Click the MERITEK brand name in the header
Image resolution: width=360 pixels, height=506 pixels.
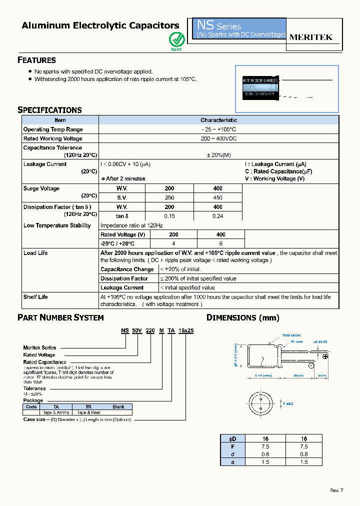pyautogui.click(x=310, y=37)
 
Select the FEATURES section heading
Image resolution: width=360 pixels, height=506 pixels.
pyautogui.click(x=36, y=60)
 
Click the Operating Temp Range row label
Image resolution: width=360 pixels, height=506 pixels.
pyautogui.click(x=53, y=129)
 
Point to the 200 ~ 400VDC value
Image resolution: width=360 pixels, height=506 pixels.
pyautogui.click(x=218, y=138)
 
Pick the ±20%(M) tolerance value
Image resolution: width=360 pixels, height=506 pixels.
pyautogui.click(x=218, y=155)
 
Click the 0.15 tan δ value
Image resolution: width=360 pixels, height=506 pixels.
pyautogui.click(x=169, y=216)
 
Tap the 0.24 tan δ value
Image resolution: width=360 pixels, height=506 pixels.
pyautogui.click(x=217, y=216)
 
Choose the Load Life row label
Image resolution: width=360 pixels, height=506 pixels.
pyautogui.click(x=35, y=253)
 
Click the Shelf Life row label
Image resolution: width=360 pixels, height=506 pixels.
pyautogui.click(x=35, y=297)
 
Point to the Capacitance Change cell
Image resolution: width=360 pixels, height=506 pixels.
pyautogui.click(x=127, y=269)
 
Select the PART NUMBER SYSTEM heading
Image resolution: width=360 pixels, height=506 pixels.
pyautogui.click(x=60, y=317)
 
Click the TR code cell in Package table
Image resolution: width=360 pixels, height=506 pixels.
pyautogui.click(x=88, y=406)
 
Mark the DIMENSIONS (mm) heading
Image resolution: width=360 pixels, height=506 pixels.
pyautogui.click(x=243, y=317)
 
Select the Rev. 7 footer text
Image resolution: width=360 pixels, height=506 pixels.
pyautogui.click(x=336, y=490)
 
